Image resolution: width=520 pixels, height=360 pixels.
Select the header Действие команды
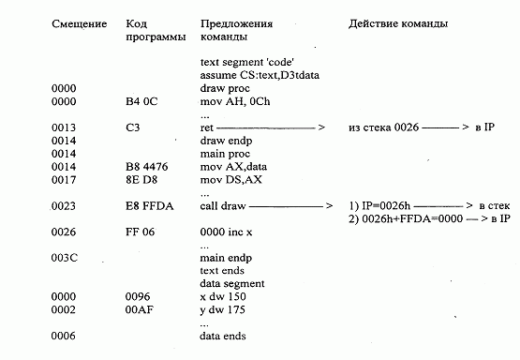click(x=397, y=22)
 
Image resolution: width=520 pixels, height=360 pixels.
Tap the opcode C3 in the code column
click(x=131, y=126)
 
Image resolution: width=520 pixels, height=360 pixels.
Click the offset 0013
click(x=64, y=126)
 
